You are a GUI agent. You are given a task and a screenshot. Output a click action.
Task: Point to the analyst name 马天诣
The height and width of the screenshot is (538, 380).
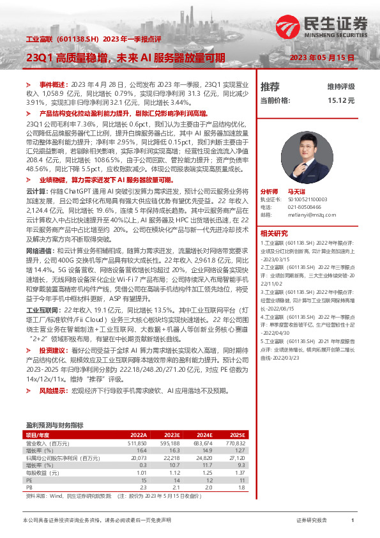click(296, 191)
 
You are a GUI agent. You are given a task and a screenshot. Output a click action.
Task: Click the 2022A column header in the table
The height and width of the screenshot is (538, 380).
click(138, 434)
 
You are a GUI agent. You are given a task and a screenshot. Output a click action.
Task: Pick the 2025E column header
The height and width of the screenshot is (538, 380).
click(236, 434)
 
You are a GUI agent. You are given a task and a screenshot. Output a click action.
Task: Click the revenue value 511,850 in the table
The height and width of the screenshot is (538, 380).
click(137, 443)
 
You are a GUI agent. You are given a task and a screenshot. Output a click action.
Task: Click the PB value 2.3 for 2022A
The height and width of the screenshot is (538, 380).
click(142, 488)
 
